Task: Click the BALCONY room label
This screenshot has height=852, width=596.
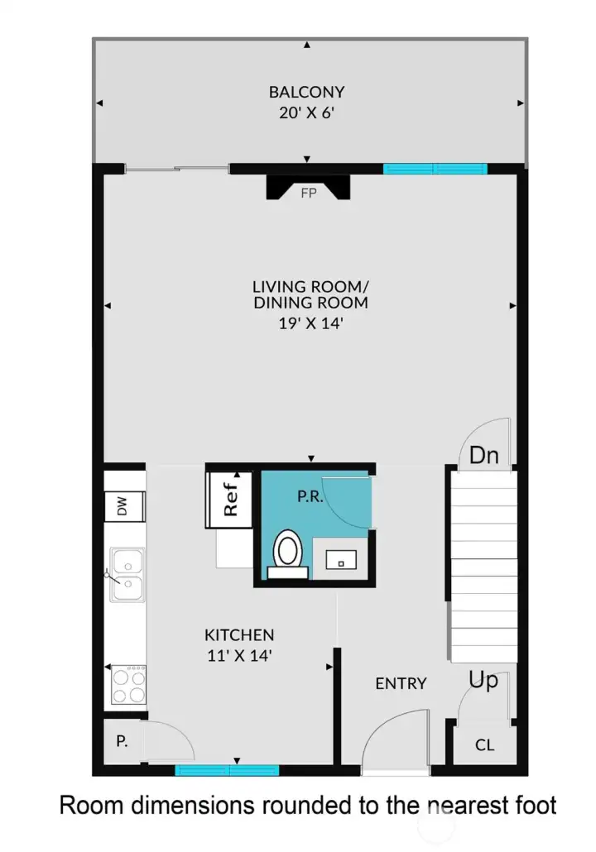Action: click(307, 92)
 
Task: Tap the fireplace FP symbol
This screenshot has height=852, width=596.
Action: click(308, 188)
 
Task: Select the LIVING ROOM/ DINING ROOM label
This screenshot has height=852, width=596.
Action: click(311, 294)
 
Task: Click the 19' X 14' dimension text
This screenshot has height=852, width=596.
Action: click(310, 324)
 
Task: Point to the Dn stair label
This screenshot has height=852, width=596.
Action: click(484, 455)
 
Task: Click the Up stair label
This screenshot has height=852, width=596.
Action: click(483, 680)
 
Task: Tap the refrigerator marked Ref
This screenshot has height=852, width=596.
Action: click(229, 500)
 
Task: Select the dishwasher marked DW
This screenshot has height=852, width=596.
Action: click(124, 506)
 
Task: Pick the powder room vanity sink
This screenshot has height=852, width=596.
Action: click(341, 560)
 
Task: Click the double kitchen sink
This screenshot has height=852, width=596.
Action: click(127, 575)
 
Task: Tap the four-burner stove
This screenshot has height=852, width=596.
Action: click(129, 685)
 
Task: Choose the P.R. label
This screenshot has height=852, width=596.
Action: click(310, 496)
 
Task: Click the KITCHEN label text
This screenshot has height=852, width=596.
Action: click(239, 634)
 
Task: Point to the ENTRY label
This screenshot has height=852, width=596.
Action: click(401, 683)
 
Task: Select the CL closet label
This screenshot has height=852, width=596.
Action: click(484, 745)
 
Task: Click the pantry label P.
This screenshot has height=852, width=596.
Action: click(122, 741)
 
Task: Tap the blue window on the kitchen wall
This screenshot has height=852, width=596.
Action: click(227, 770)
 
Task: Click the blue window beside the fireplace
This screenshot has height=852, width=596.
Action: click(435, 169)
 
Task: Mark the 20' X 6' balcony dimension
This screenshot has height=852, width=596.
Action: click(307, 113)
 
